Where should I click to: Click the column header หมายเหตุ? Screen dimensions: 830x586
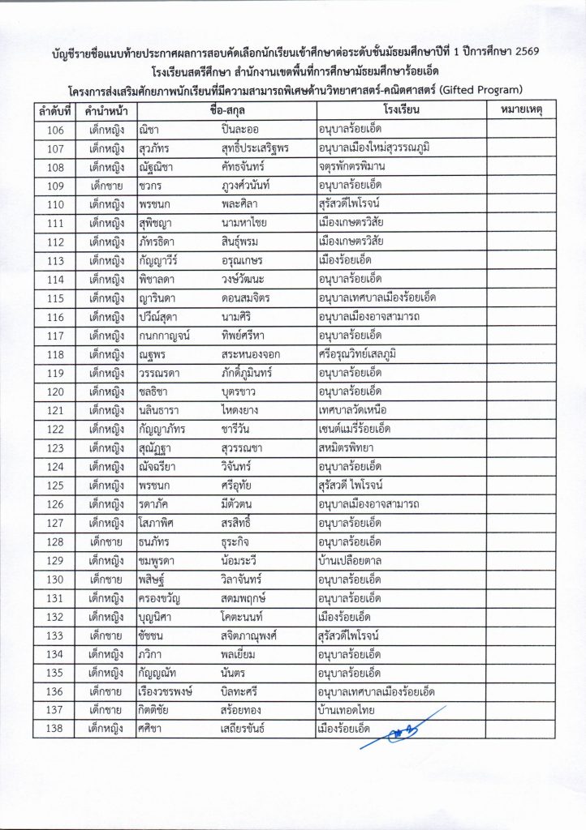[522, 109]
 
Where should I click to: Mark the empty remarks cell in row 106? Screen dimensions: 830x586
[522, 130]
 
